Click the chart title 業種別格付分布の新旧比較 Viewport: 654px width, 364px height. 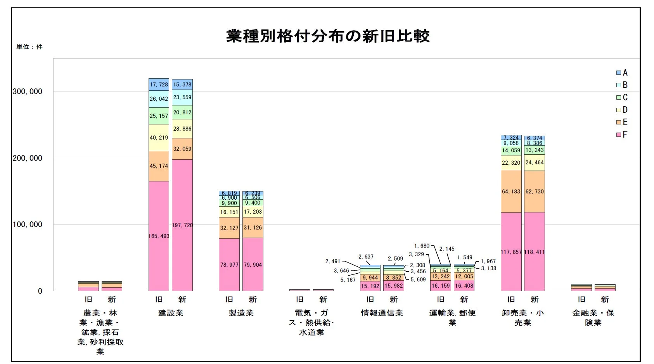click(328, 36)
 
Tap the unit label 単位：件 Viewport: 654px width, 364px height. click(29, 47)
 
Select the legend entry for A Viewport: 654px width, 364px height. click(622, 72)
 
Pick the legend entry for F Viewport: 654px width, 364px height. click(622, 135)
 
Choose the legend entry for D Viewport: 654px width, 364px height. click(622, 110)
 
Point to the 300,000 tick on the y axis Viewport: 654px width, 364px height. click(27, 91)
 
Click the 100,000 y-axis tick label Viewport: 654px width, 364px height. click(27, 225)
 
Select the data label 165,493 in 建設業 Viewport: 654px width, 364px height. click(159, 236)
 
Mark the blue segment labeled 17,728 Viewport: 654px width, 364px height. click(159, 85)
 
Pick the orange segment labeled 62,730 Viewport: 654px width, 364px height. click(535, 191)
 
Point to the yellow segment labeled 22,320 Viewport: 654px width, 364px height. click(511, 163)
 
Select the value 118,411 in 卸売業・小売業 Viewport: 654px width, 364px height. click(535, 252)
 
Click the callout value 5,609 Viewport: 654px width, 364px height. click(418, 279)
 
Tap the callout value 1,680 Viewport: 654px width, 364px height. click(422, 246)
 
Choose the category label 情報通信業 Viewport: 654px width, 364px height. click(382, 313)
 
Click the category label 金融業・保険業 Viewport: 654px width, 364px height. click(593, 318)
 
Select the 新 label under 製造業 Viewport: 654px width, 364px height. click(253, 300)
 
